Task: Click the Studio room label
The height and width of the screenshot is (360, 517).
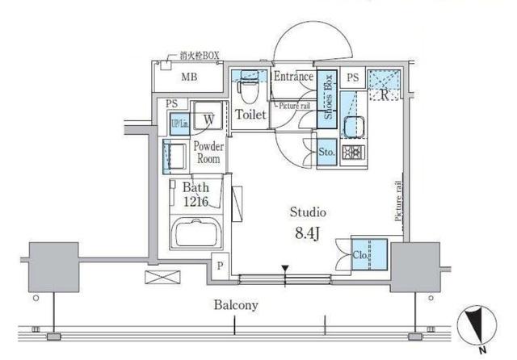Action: pos(308,212)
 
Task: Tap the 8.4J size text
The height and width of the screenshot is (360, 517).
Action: pos(307,233)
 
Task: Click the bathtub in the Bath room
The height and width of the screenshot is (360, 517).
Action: pos(196,232)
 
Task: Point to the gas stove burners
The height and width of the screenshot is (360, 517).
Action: pos(353,153)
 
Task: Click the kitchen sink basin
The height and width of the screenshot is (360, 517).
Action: pos(354,127)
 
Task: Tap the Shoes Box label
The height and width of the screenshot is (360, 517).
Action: pos(328,97)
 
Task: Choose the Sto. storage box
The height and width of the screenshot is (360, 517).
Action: pos(326,152)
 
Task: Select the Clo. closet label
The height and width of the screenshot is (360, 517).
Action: pos(360,255)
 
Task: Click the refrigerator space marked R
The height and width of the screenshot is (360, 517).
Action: pos(385,85)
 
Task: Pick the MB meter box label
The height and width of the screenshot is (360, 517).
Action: pos(189,77)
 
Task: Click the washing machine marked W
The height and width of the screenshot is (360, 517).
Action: pos(208,115)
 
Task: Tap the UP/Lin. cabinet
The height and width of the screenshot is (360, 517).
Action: pos(179,123)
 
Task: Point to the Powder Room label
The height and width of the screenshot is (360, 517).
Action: pos(208,153)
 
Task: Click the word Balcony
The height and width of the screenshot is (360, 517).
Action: pos(236,304)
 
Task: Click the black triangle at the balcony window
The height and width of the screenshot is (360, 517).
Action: pos(285,268)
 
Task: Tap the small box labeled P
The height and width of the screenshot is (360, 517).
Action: pos(220,266)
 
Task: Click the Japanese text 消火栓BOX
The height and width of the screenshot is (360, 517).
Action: pos(200,56)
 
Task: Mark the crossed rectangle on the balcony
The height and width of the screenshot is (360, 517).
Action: pos(162,277)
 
